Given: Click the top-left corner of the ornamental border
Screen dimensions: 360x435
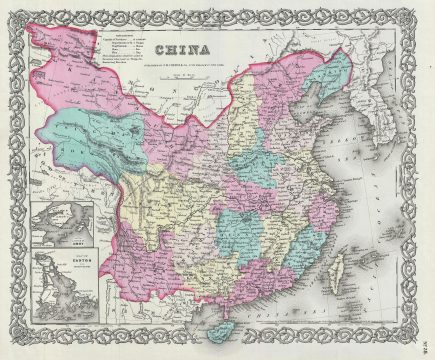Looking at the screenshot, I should (12, 11).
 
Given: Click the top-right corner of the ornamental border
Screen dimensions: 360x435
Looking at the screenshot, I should (423, 11).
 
